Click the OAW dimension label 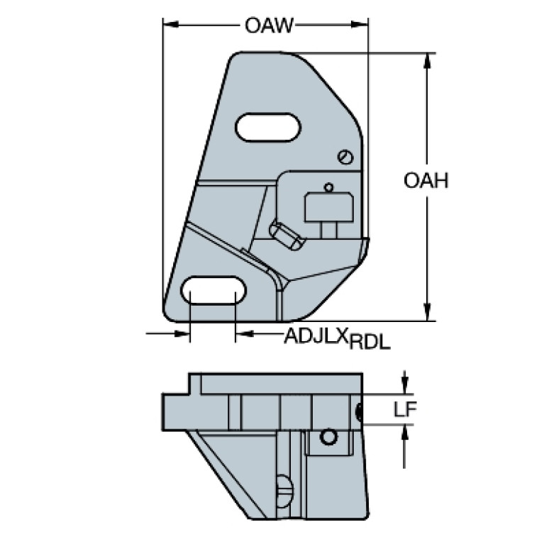(x=268, y=26)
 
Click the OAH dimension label (x=426, y=181)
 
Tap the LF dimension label (x=405, y=409)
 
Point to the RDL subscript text (x=371, y=343)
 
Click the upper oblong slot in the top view (x=268, y=127)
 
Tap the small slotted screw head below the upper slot (x=345, y=156)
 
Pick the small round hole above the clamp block (x=328, y=187)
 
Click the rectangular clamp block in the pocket (x=328, y=207)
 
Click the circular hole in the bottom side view (x=328, y=437)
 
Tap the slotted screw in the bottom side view (x=284, y=488)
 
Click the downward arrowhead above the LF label (x=404, y=387)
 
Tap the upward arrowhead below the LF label (x=404, y=431)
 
